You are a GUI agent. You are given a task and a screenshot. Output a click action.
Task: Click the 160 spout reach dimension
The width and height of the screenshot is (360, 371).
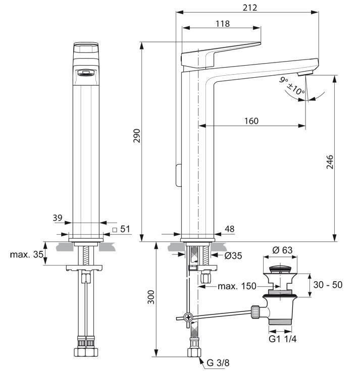pyautogui.click(x=250, y=121)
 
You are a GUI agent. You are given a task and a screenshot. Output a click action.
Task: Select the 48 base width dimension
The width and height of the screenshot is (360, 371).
pyautogui.click(x=229, y=229)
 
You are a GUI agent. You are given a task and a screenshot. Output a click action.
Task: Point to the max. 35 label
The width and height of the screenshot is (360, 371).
pyautogui.click(x=26, y=254)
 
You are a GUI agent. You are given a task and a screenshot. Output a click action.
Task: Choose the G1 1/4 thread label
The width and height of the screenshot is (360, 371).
pyautogui.click(x=283, y=339)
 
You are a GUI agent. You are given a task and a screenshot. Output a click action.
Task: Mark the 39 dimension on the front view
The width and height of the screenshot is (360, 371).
pyautogui.click(x=57, y=218)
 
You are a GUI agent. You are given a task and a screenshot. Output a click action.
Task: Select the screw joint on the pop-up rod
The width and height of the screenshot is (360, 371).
pyautogui.click(x=188, y=317)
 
